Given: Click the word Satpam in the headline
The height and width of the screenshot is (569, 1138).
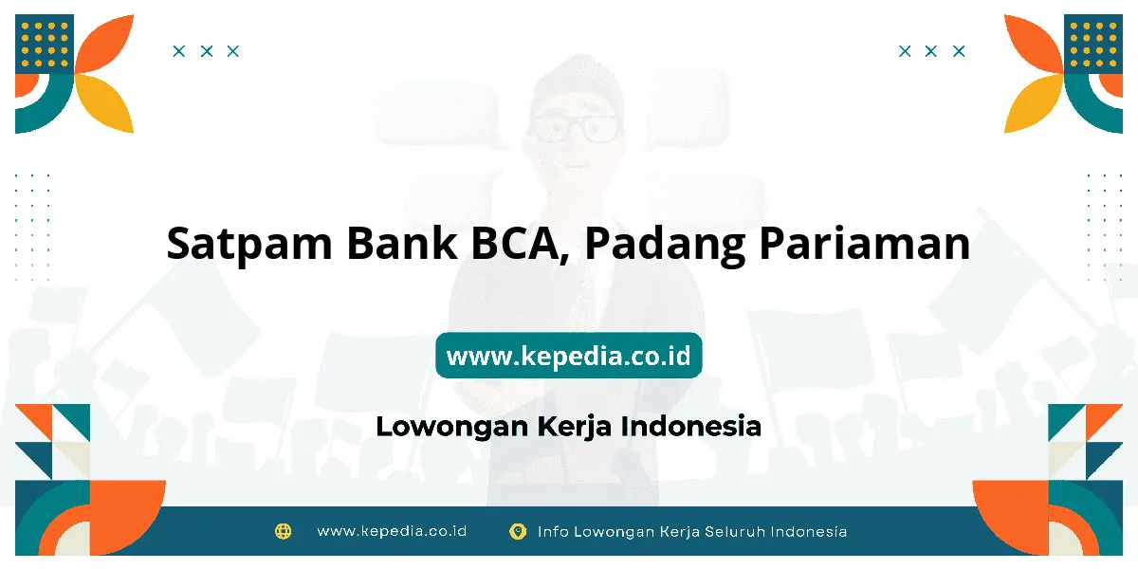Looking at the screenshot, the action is coord(248,245).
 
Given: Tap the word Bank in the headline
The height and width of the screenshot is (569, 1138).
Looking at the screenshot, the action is coord(402,243).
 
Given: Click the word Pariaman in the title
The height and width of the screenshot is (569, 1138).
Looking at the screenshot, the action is coord(865,243).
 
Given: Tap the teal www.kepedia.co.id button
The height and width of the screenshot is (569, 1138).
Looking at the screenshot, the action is coord(568,355).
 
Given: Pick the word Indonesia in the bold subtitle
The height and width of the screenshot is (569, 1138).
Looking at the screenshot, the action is coord(691,426).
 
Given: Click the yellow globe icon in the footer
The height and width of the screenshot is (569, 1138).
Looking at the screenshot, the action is coord(283,531).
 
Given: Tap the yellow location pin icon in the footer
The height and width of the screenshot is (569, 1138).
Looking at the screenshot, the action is coord(518,531).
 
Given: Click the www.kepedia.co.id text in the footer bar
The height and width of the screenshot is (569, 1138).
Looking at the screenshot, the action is coord(392,531).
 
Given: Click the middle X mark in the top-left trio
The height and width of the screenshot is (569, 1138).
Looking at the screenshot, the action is coord(207,51).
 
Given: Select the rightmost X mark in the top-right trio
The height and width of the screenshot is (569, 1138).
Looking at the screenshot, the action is coord(959,51).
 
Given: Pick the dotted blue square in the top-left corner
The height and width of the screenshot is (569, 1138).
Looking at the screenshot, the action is coord(45,45).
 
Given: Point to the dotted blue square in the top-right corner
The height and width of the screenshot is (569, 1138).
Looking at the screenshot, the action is coord(1093,45).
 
